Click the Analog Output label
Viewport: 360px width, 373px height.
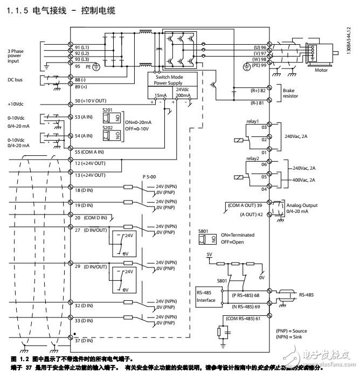pyautogui.click(x=302, y=205)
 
